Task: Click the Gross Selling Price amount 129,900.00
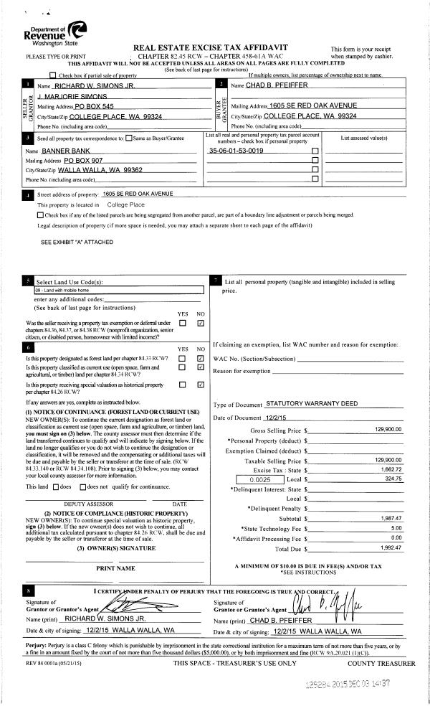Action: coord(388,430)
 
